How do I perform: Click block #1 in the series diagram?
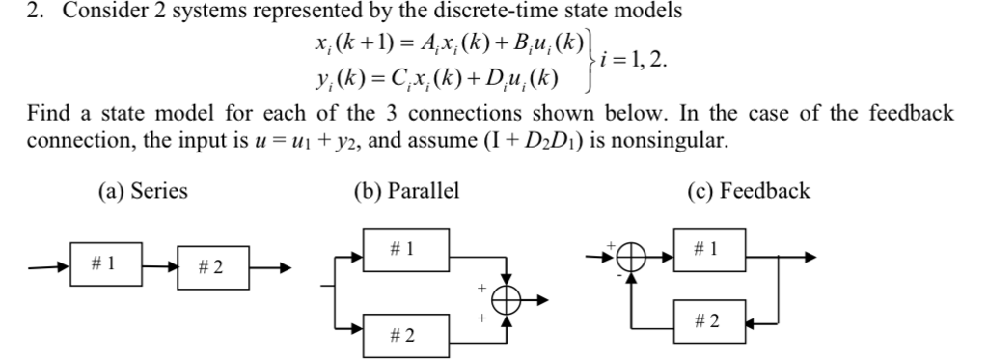106,262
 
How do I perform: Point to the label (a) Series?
143,191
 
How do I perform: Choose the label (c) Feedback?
748,191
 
